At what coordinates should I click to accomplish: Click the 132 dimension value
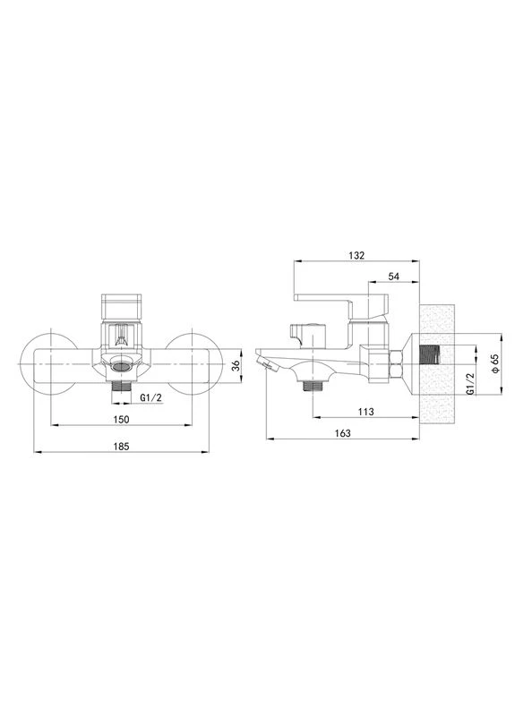tap(356, 256)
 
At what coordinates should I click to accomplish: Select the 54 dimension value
tap(393, 277)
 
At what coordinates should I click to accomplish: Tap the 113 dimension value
tap(365, 412)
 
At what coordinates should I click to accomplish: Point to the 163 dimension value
tap(343, 433)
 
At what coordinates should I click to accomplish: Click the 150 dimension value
tap(121, 419)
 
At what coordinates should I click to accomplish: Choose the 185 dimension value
tap(121, 446)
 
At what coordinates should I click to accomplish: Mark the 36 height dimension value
tap(236, 366)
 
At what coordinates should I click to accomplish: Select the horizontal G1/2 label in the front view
tap(150, 397)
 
